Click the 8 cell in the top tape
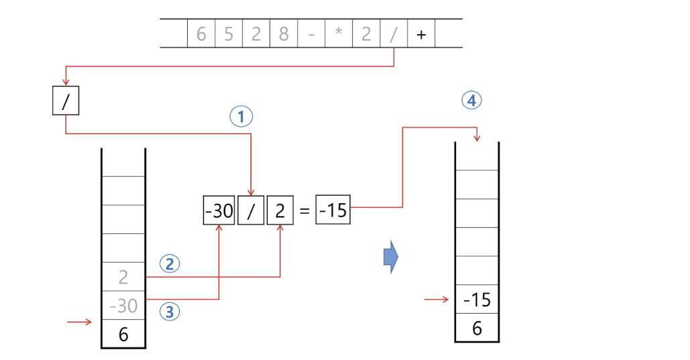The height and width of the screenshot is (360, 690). (x=284, y=34)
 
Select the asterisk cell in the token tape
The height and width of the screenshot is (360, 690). (x=339, y=34)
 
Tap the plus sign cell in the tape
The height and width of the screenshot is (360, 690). (x=421, y=34)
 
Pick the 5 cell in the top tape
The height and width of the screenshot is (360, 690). (x=229, y=34)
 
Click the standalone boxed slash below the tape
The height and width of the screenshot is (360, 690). (x=65, y=101)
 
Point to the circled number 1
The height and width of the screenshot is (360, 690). (x=241, y=117)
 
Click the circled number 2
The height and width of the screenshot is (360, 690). (x=169, y=264)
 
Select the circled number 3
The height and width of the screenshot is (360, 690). (x=169, y=311)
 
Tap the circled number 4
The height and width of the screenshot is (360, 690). (x=472, y=101)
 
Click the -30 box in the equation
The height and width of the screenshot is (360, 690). (x=219, y=211)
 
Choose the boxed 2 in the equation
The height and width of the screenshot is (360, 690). (x=280, y=211)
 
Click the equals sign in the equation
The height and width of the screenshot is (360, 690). (x=304, y=211)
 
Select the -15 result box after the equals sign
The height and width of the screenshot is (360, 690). (x=333, y=211)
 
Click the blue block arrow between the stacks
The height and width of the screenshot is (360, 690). (x=391, y=256)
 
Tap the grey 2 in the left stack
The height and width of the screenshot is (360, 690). (x=123, y=276)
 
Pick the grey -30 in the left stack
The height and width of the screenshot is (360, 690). (x=123, y=306)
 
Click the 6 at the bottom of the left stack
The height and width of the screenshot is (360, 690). (x=123, y=334)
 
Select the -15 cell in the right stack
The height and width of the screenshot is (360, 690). (x=477, y=300)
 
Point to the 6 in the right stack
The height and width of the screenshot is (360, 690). (x=477, y=328)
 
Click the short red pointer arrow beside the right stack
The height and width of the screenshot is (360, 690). (x=437, y=299)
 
